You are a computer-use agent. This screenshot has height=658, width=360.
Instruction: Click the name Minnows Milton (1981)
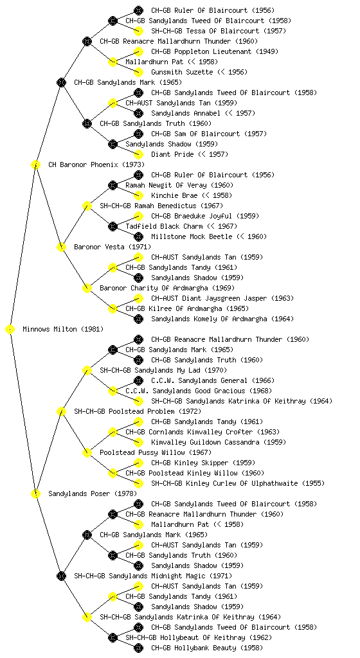point(63,330)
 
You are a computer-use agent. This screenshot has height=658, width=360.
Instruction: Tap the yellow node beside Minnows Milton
point(10,330)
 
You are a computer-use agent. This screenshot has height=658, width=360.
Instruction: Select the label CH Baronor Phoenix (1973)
point(96,165)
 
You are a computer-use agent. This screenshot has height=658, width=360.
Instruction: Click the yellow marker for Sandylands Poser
point(35,494)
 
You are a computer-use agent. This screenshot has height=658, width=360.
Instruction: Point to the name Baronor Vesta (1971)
point(113,247)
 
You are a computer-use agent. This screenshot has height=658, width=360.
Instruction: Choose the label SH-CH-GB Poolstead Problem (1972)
point(138,412)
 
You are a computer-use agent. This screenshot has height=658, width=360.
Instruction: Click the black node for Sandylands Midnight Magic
point(61,576)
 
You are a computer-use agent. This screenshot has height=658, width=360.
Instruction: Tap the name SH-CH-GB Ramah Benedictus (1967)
point(161,206)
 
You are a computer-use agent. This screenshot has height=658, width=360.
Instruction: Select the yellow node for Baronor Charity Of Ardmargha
point(87,289)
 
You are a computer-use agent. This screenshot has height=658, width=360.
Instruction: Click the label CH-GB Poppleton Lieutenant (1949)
point(215,51)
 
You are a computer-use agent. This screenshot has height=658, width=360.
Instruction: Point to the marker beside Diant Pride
point(138,154)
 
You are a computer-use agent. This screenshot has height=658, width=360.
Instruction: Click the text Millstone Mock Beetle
point(192,236)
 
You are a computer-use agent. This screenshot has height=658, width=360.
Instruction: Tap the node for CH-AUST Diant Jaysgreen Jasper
point(138,298)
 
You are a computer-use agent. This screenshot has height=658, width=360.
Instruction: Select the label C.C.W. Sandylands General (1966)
point(213,380)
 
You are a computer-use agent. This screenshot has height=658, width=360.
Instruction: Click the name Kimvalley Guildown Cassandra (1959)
point(219,442)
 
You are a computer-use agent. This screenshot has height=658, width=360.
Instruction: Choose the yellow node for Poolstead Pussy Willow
point(87,453)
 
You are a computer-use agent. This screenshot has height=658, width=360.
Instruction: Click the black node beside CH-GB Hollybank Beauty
point(138,648)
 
